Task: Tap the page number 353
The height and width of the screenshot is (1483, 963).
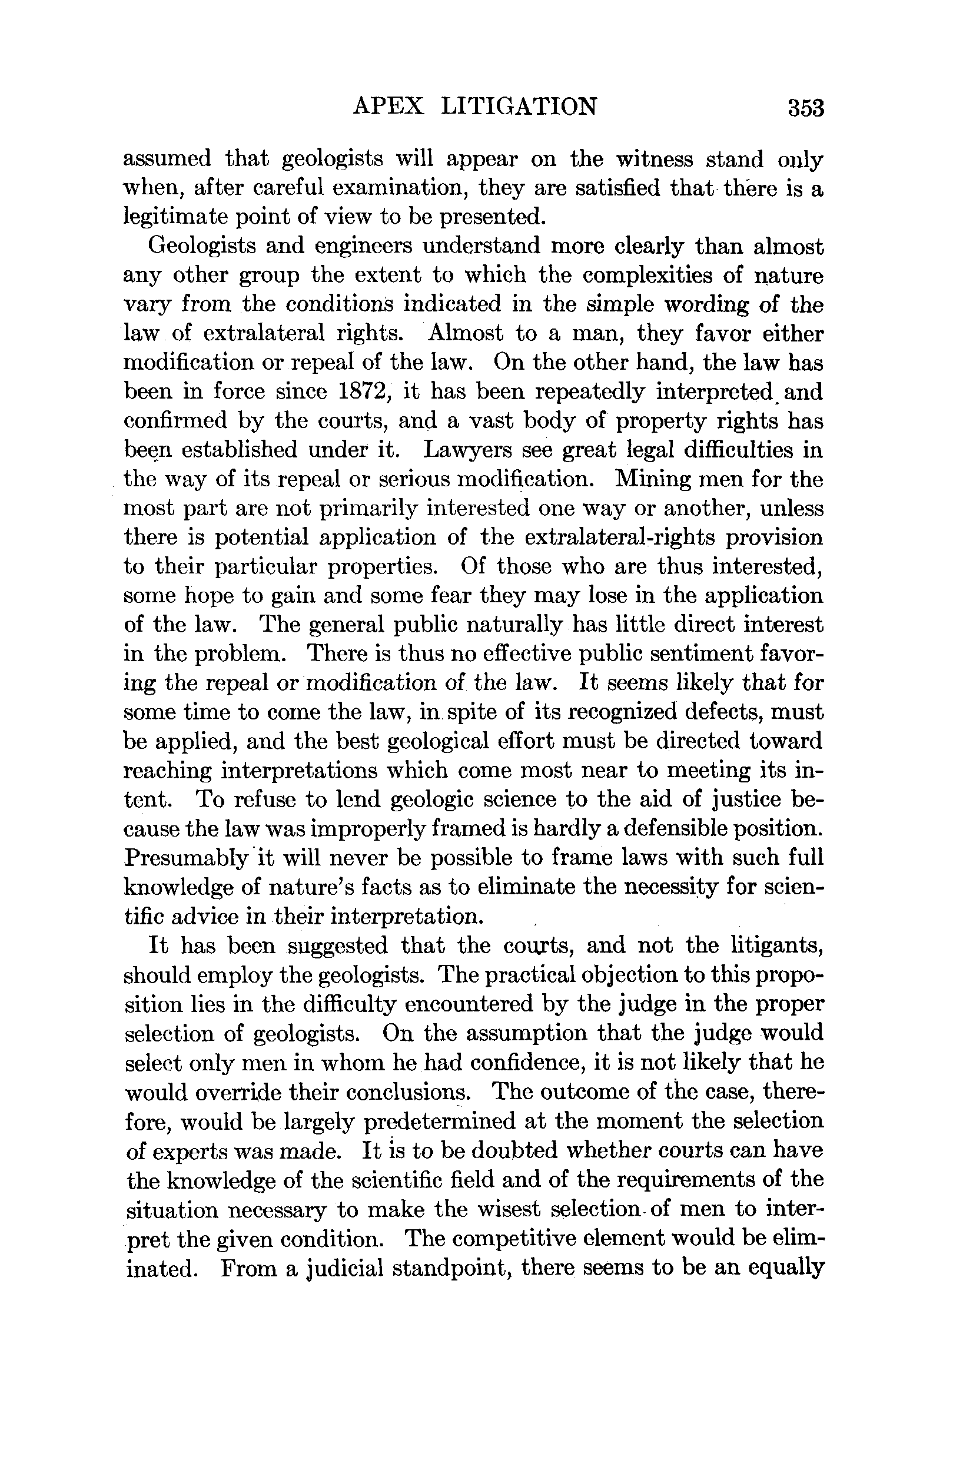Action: pyautogui.click(x=805, y=108)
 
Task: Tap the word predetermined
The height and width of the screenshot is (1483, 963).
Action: pyautogui.click(x=440, y=1122)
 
